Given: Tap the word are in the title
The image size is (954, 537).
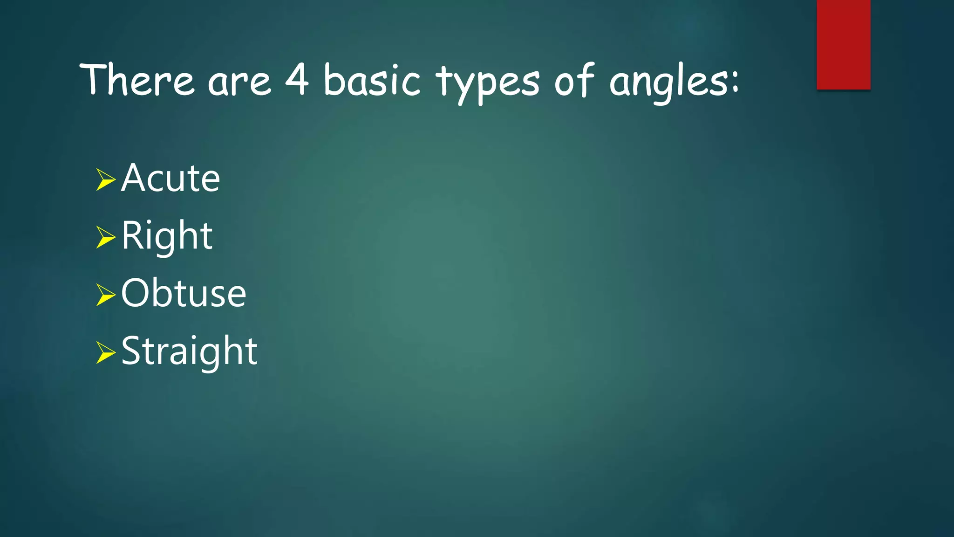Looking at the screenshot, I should pyautogui.click(x=239, y=83).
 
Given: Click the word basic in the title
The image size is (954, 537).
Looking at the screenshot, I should pyautogui.click(x=372, y=80).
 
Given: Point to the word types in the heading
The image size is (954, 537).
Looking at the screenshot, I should pyautogui.click(x=488, y=83).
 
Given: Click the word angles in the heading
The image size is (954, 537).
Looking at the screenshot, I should pyautogui.click(x=668, y=83).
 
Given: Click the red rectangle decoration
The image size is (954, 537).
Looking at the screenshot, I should pyautogui.click(x=843, y=44).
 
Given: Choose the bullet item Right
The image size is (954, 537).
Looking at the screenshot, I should pyautogui.click(x=167, y=237).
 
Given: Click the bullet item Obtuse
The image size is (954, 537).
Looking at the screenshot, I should pyautogui.click(x=184, y=294).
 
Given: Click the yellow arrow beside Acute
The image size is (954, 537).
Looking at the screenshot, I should pyautogui.click(x=105, y=179).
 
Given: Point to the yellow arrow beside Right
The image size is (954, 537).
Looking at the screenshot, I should pyautogui.click(x=105, y=237).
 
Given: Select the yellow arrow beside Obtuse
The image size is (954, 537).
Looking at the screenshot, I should pyautogui.click(x=105, y=295).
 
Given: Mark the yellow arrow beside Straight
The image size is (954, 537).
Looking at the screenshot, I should pyautogui.click(x=105, y=352).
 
